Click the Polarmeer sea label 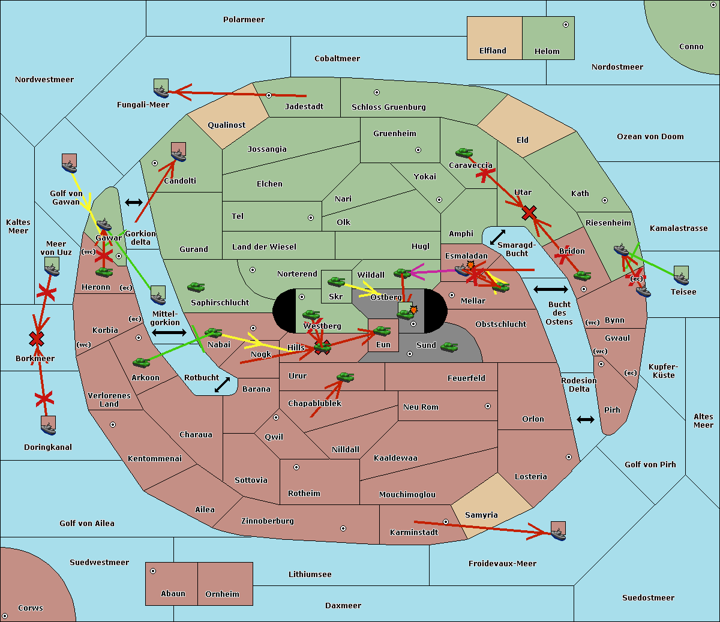[x=244, y=20]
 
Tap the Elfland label [x=493, y=51]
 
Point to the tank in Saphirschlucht [x=196, y=287]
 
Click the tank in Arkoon [x=142, y=362]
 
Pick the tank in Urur [x=345, y=377]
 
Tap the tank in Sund [x=449, y=347]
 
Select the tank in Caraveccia [x=464, y=152]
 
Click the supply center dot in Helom [x=566, y=25]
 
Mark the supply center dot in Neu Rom [x=488, y=406]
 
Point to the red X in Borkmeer [x=37, y=338]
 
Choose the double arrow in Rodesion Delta [x=586, y=419]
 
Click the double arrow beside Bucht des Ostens [x=551, y=289]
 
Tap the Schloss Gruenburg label [x=389, y=107]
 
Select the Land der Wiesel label [x=264, y=247]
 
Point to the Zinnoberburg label [x=268, y=521]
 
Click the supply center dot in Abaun [x=153, y=571]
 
